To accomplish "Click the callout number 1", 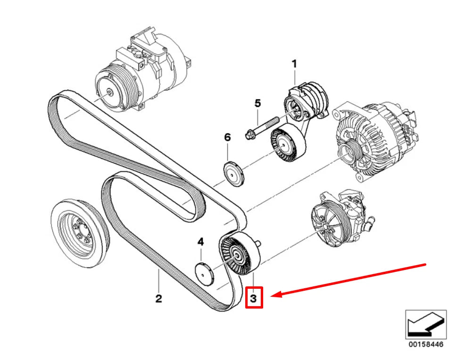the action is (x=294, y=64).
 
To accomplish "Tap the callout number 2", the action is (x=158, y=298).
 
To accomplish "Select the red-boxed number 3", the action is (x=254, y=298).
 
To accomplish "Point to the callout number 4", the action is (x=201, y=242).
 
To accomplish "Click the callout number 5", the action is (x=257, y=103).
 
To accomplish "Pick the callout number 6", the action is (x=227, y=137).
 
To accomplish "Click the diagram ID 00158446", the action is (x=426, y=344).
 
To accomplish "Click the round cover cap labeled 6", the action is (x=233, y=174).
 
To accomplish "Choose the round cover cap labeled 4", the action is (x=205, y=274).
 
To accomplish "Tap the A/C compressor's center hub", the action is (x=110, y=92).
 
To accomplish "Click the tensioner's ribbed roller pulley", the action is (x=288, y=144).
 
